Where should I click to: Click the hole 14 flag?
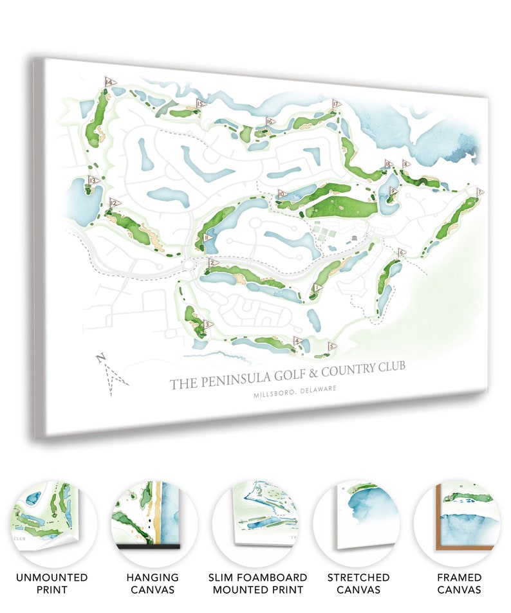[109, 82]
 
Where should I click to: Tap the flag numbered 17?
[335, 104]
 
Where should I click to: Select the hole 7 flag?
[479, 192]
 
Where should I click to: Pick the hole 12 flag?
[114, 203]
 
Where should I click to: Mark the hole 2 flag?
[211, 262]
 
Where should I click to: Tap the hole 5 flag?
[332, 346]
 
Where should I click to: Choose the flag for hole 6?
[402, 252]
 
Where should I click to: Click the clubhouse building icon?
[355, 240]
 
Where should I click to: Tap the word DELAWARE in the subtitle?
[317, 389]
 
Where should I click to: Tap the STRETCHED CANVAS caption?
[358, 583]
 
